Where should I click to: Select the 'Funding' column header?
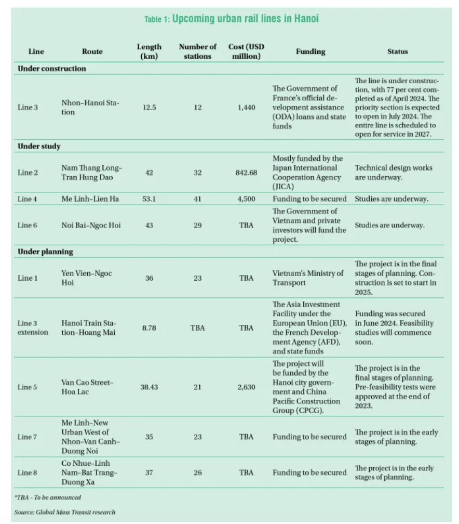point(310,51)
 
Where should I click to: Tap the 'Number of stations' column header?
point(197,51)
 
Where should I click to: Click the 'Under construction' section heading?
point(52,69)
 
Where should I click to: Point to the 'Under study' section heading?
point(39,146)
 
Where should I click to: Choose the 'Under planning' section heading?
point(46,252)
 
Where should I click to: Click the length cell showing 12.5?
point(149,108)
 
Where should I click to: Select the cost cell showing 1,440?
point(246,108)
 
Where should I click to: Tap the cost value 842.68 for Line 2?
point(246,173)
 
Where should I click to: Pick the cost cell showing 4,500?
point(246,198)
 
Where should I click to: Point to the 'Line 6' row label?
point(28,225)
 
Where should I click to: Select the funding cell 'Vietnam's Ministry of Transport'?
point(308,278)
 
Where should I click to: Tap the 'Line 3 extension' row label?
point(33,327)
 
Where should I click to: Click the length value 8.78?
point(149,327)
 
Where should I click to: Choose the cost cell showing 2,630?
point(246,387)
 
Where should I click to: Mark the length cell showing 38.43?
point(149,387)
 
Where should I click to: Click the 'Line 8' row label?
point(28,473)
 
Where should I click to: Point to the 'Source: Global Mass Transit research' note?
point(65,512)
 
